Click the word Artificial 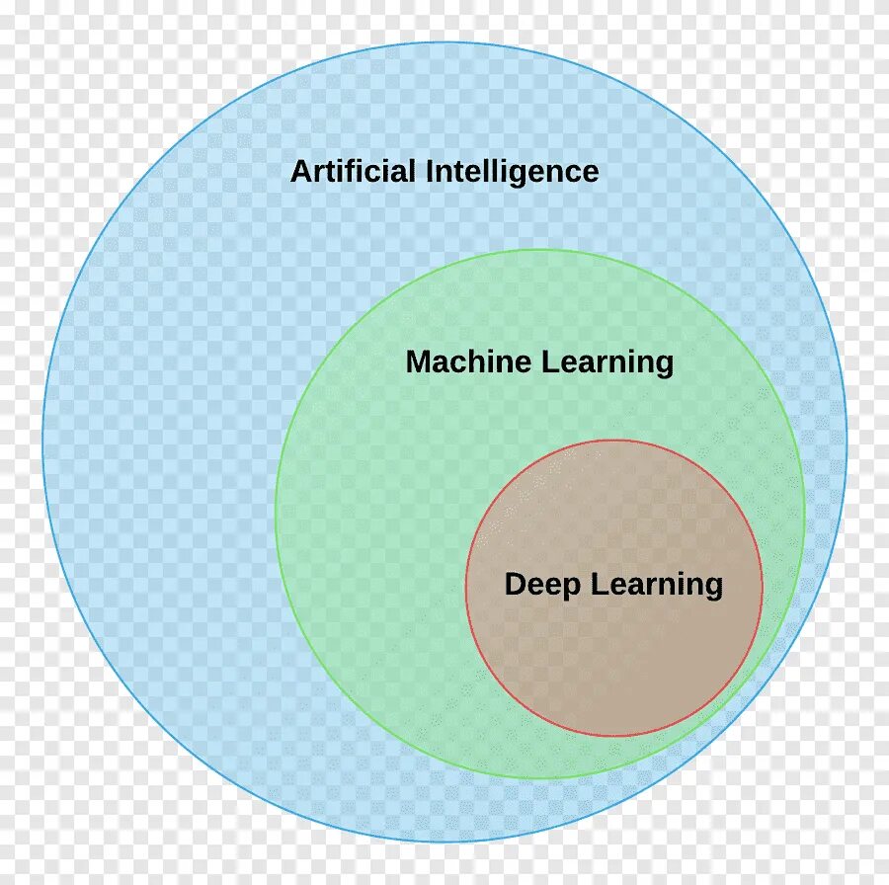pos(353,172)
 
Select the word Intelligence pos(512,172)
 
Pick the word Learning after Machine pos(607,362)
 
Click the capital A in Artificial pos(300,172)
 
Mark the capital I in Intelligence pos(430,172)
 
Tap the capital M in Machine pos(419,362)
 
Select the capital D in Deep pos(516,585)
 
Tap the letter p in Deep pos(573,589)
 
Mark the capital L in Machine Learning pos(549,362)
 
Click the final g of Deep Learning pos(713,589)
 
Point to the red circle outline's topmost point pos(613,440)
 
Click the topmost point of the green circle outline pos(540,249)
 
